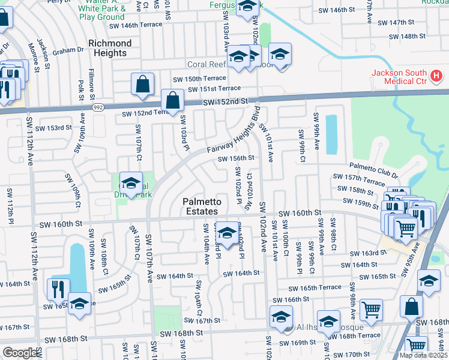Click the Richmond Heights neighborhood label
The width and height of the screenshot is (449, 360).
pos(110,48)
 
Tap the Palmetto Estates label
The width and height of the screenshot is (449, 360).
pos(202,207)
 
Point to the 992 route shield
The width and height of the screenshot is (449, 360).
pos(98,107)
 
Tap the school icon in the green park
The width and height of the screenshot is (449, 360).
pos(131,183)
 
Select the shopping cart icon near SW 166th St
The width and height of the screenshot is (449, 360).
pos(372,310)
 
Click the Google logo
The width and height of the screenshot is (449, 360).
pos(20,353)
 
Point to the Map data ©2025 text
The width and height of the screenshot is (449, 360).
pos(423,355)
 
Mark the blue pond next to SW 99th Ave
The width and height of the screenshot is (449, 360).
pos(331,133)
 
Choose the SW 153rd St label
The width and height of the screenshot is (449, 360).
pos(54,128)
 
